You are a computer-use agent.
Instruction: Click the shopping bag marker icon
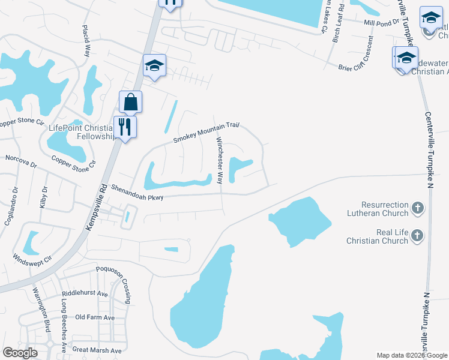coord(130,103)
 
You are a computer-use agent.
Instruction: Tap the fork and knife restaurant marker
coord(125,127)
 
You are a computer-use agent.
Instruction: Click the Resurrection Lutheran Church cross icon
coord(418,209)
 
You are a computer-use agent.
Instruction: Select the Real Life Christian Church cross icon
coord(418,236)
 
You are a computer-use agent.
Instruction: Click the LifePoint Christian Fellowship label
coord(81,132)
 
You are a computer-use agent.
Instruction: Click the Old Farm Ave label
coord(95,317)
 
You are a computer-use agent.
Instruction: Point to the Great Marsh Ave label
coord(97,350)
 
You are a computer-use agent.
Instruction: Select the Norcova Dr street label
coord(21,161)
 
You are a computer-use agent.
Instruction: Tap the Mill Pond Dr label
coord(381,23)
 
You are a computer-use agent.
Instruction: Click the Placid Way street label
coord(86,40)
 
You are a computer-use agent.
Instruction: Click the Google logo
coord(20,353)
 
